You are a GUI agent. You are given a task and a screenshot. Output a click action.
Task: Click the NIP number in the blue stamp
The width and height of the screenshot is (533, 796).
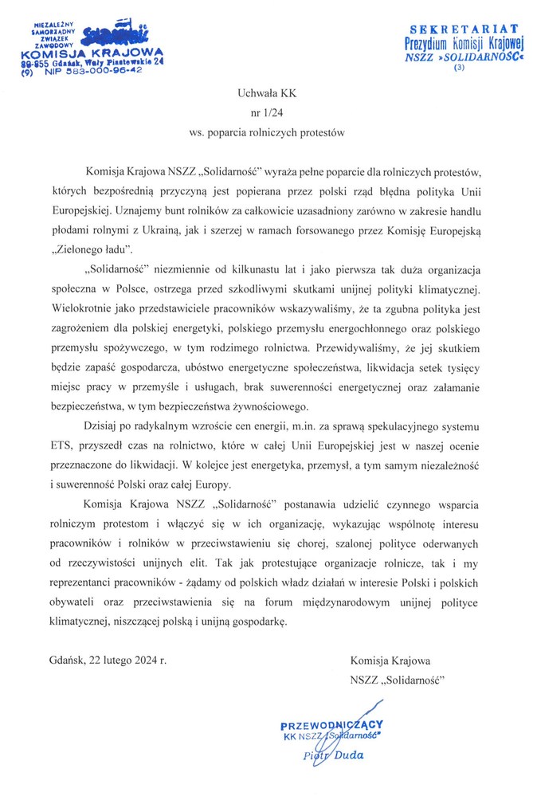(x=104, y=70)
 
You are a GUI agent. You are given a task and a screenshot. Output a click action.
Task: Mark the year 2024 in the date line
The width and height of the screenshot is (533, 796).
(x=143, y=660)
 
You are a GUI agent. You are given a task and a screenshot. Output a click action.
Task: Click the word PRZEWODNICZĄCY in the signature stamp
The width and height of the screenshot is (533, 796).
(x=332, y=724)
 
